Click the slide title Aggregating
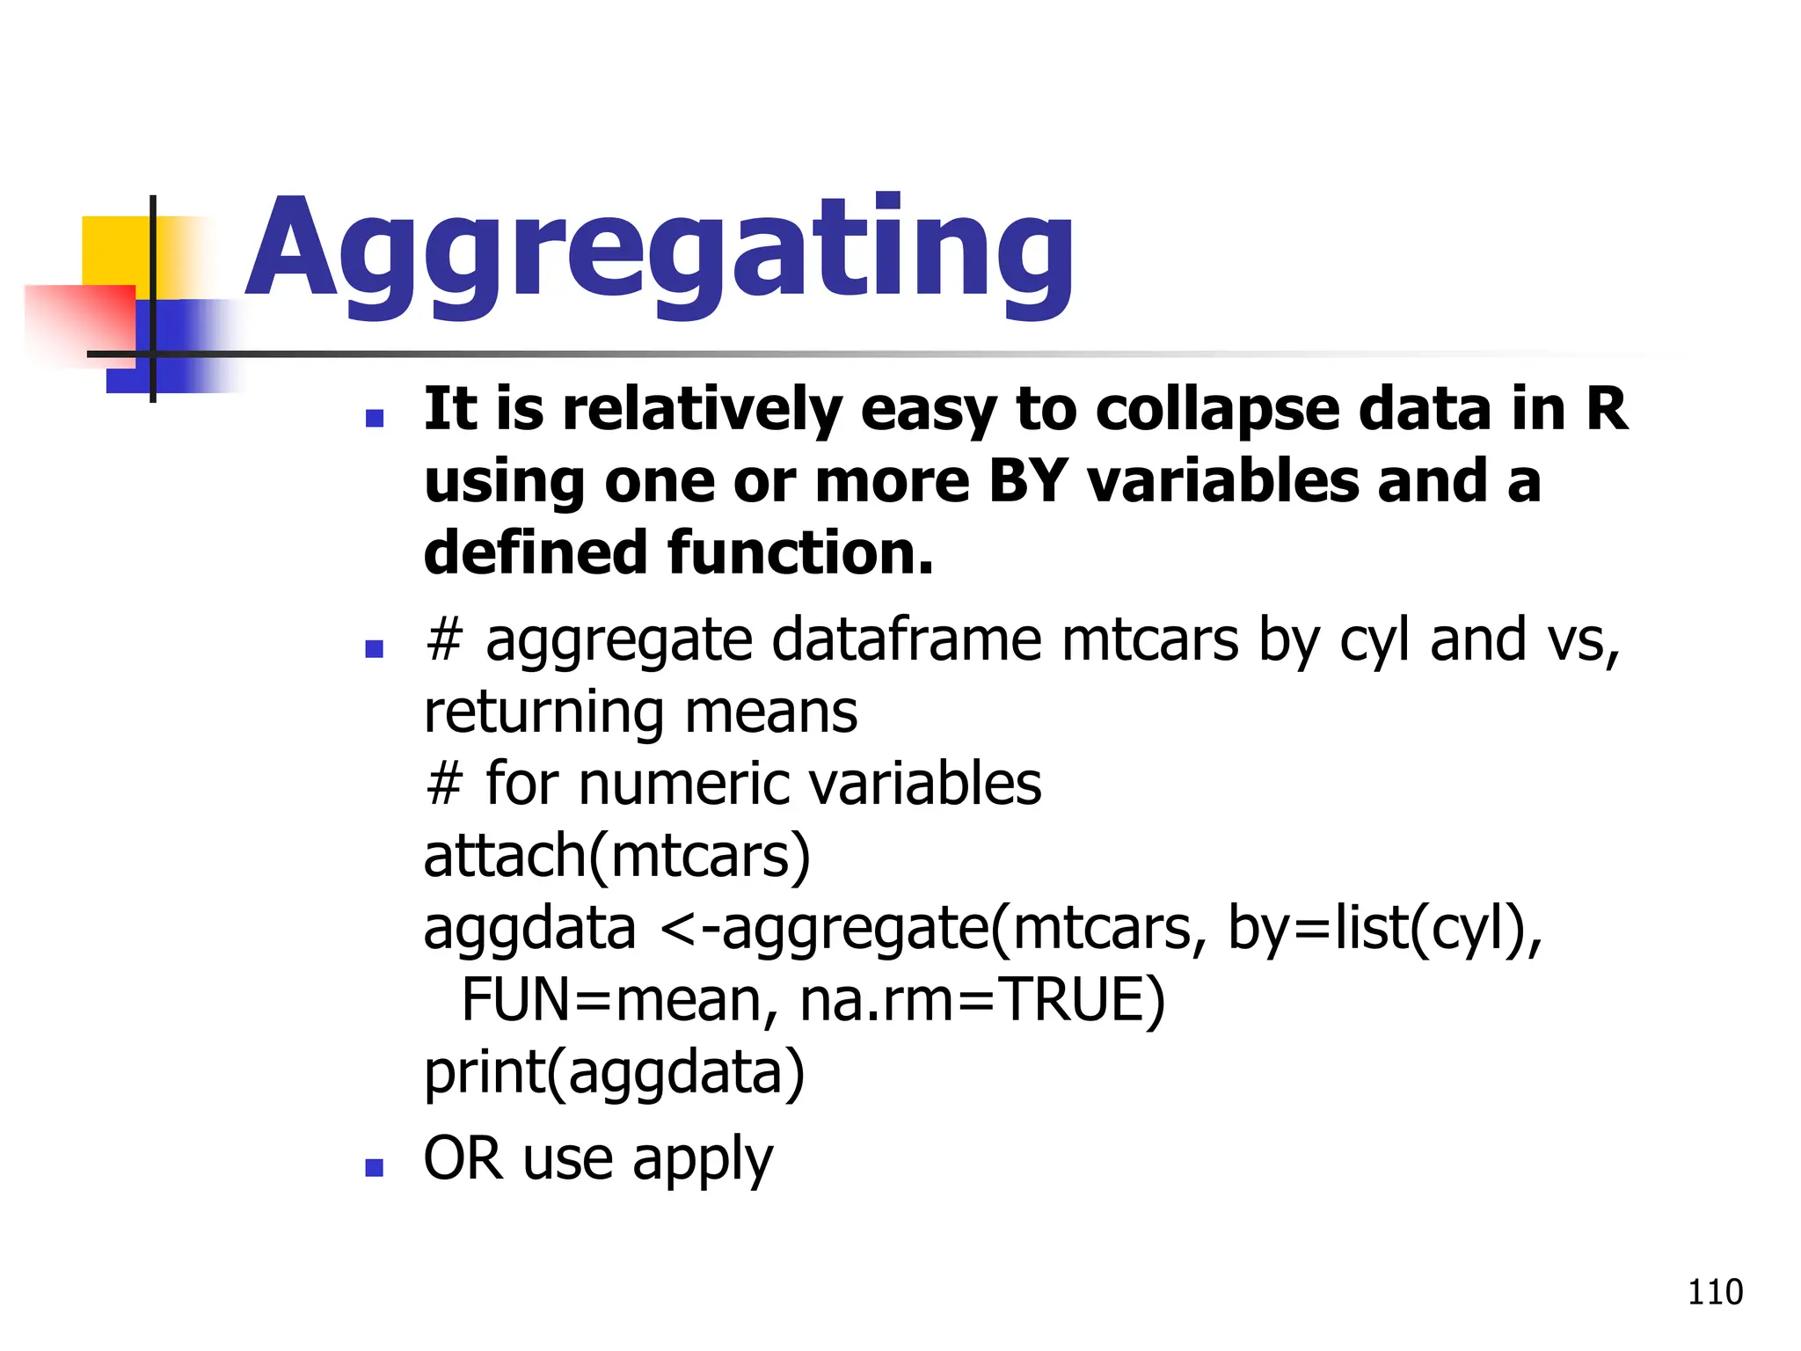(x=660, y=251)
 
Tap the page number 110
(x=1715, y=1292)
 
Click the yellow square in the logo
(x=114, y=251)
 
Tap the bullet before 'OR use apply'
(x=375, y=1167)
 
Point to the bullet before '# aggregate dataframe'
(x=375, y=649)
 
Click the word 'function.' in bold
(x=800, y=553)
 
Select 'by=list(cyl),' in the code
(x=1384, y=929)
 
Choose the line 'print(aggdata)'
(x=614, y=1072)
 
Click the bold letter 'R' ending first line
(x=1607, y=410)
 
